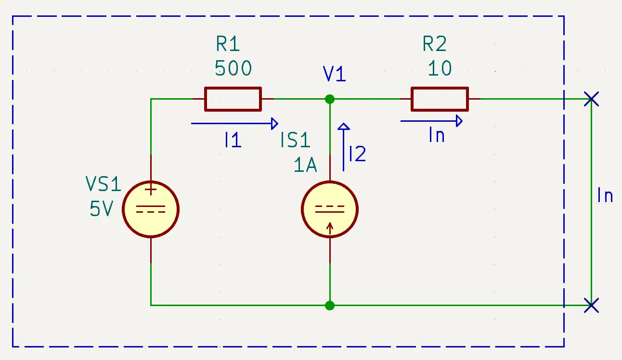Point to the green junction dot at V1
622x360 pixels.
330,99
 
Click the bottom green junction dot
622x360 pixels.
330,306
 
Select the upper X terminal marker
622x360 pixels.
591,99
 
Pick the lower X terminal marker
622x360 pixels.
591,306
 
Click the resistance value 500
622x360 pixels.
233,68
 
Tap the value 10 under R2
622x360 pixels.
440,68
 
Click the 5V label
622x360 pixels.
102,209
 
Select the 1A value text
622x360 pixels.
305,165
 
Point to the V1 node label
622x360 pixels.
335,74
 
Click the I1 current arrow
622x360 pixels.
234,124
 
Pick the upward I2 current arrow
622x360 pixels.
343,147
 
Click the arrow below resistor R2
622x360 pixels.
431,121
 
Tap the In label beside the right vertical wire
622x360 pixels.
605,195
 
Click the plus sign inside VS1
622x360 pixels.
151,190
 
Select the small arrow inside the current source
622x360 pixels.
330,229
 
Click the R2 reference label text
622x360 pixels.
435,44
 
